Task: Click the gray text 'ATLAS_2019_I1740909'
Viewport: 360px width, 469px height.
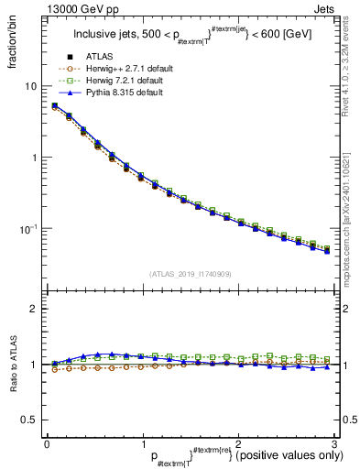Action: [191, 274]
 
